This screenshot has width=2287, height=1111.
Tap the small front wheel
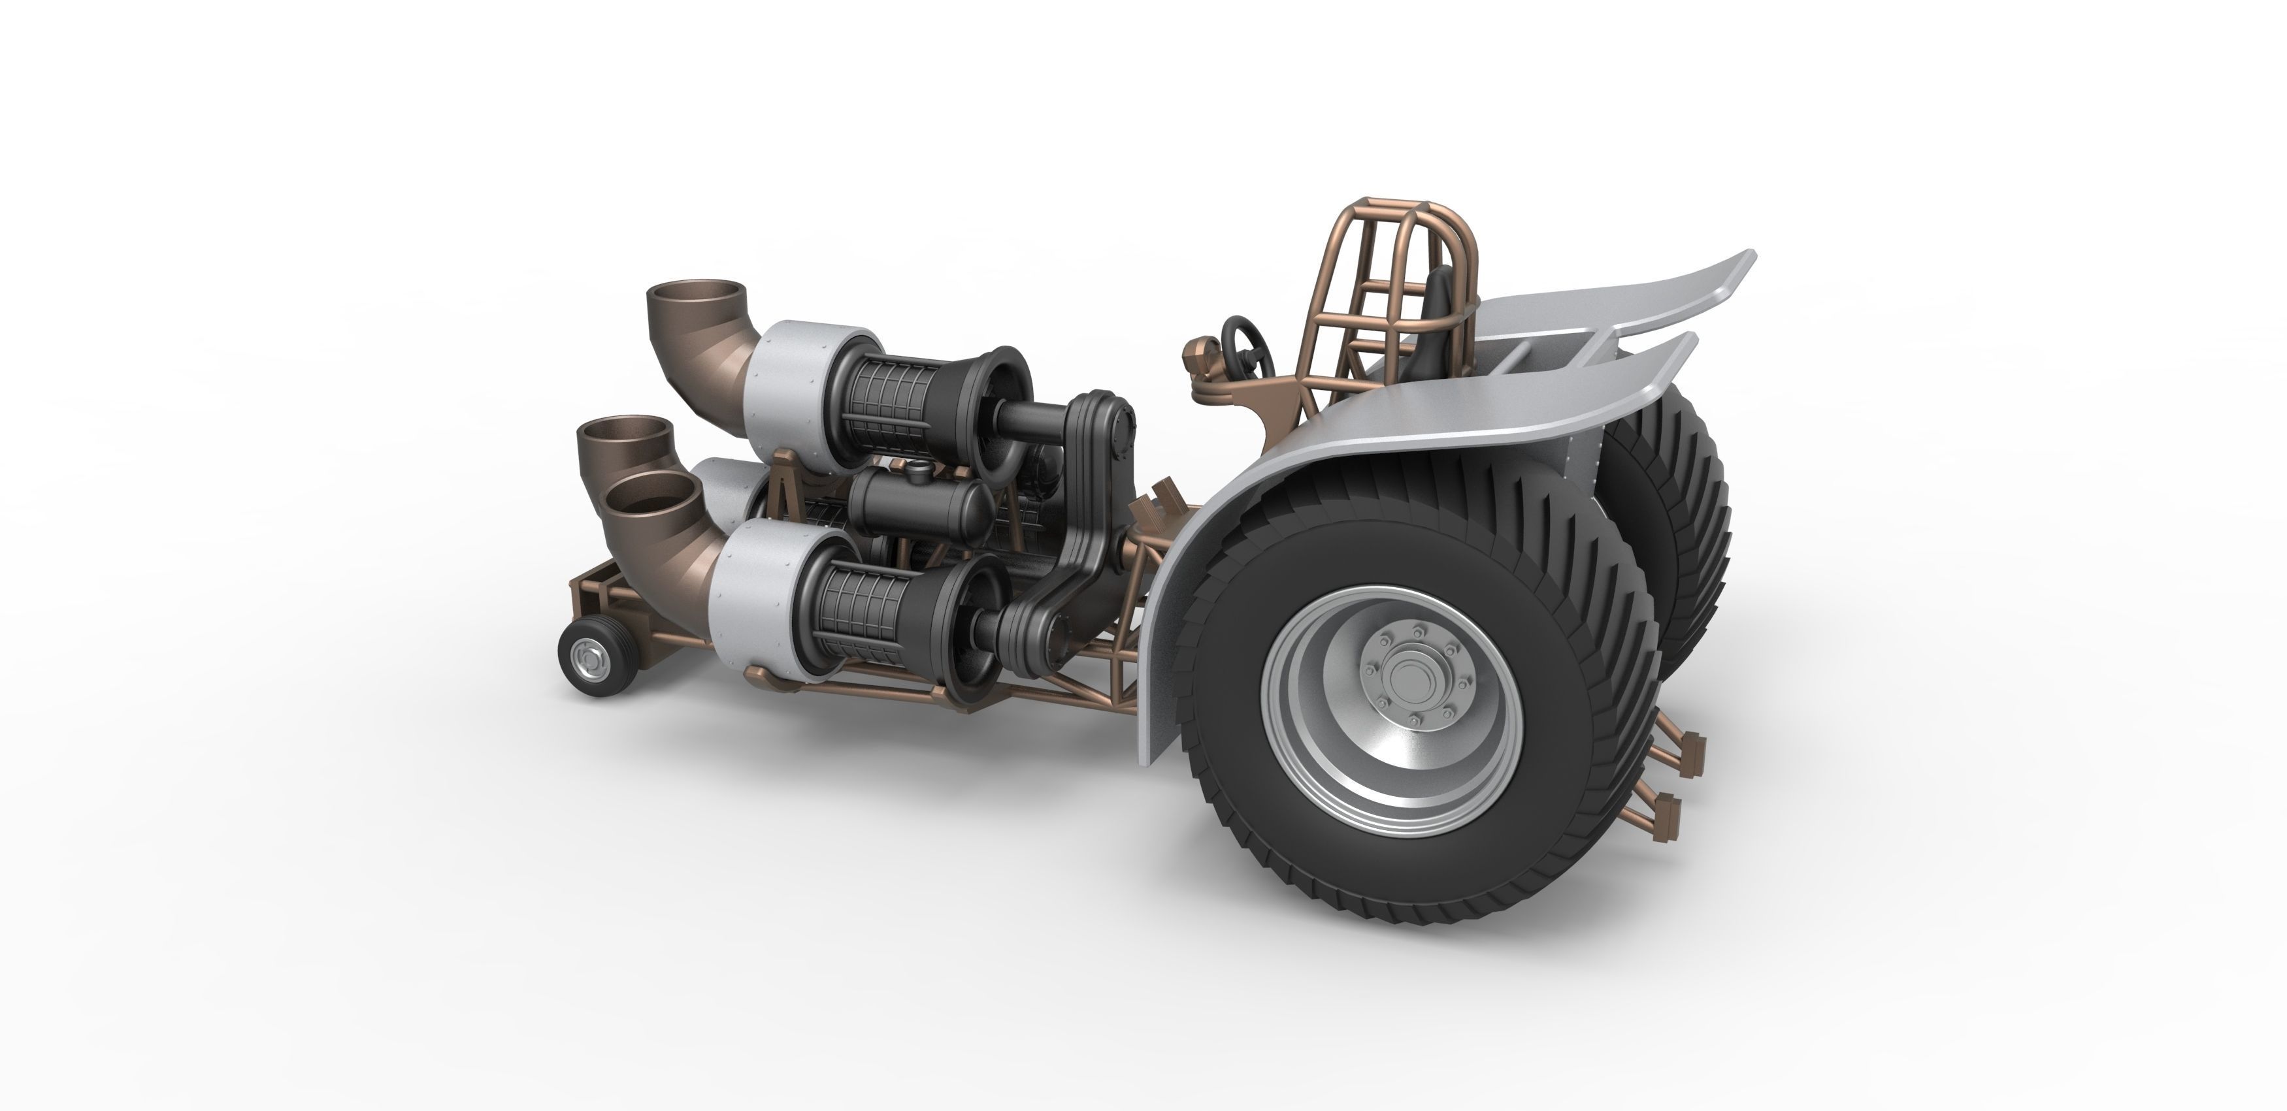[x=582, y=658]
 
